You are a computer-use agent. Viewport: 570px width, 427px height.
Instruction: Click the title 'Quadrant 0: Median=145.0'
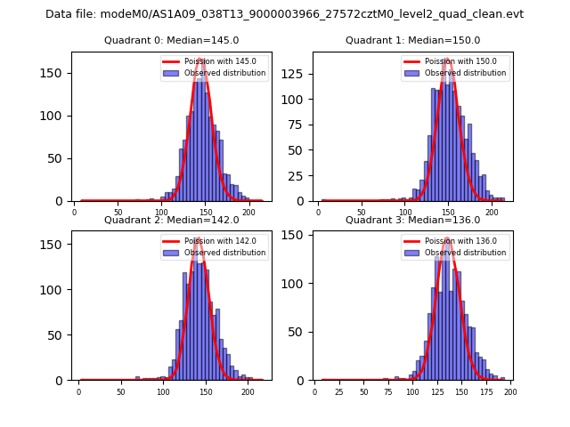pos(171,41)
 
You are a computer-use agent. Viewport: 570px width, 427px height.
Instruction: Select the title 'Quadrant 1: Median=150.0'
pos(412,41)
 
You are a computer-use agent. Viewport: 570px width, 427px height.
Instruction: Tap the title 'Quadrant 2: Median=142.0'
pos(171,220)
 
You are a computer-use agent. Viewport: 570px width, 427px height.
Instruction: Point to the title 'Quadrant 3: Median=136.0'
pos(412,220)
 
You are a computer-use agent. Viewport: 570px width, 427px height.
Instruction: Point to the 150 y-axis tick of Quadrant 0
pos(59,73)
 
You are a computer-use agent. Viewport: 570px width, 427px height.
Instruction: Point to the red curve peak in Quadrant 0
pos(201,60)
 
